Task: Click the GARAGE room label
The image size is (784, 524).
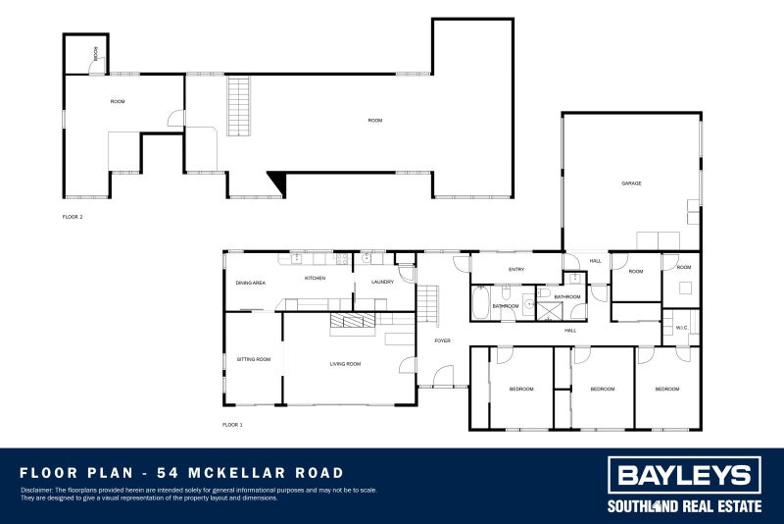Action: click(631, 183)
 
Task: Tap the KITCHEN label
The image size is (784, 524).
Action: click(315, 279)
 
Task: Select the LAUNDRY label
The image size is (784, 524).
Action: click(382, 283)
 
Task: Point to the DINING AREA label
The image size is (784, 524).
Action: click(250, 283)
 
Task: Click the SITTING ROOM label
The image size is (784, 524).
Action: click(253, 359)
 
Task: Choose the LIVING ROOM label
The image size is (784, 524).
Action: click(345, 364)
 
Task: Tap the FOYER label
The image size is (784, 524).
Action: click(443, 341)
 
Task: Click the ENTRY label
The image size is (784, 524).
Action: click(516, 270)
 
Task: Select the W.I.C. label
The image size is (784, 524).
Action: click(681, 328)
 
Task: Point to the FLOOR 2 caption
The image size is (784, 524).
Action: click(72, 216)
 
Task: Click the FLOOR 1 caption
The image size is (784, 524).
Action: click(232, 425)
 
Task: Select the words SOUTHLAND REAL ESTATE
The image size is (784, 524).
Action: click(684, 507)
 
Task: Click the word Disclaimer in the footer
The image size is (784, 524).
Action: click(37, 490)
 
